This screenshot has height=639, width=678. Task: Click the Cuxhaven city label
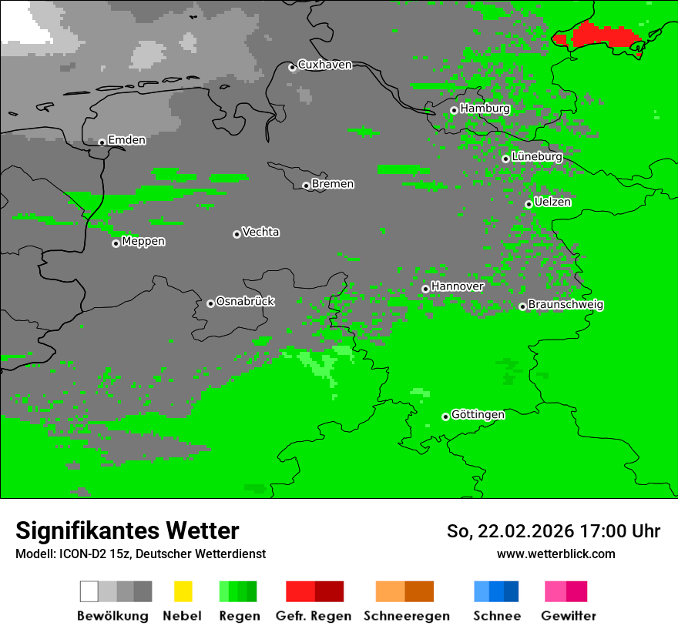click(324, 65)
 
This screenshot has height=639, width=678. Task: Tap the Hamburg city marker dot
click(454, 110)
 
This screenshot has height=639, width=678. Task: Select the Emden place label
click(126, 140)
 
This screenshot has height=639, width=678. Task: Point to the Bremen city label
click(333, 184)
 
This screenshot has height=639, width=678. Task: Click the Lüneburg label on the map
click(537, 157)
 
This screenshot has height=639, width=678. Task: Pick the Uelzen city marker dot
click(529, 204)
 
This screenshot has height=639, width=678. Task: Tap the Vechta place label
click(260, 232)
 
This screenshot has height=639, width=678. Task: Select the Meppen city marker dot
click(116, 243)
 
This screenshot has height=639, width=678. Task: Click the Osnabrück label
click(245, 302)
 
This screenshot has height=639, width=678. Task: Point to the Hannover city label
click(458, 286)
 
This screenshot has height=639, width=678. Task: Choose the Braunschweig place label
click(566, 305)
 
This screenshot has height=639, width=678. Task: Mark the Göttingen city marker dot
click(445, 417)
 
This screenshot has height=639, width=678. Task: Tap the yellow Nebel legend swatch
click(183, 591)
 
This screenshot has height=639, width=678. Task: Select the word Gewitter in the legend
click(569, 616)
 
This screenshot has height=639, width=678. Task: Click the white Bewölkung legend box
click(89, 591)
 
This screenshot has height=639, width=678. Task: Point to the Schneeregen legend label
click(407, 616)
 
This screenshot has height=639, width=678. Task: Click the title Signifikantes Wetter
click(127, 531)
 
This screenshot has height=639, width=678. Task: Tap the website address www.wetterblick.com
click(555, 554)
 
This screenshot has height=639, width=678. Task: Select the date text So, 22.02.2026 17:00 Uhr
click(553, 531)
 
